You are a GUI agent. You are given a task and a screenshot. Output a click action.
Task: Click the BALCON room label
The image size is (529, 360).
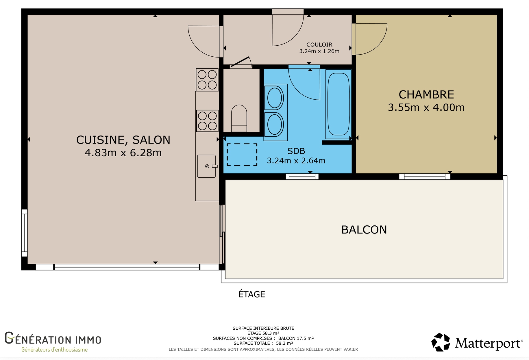tap(364, 230)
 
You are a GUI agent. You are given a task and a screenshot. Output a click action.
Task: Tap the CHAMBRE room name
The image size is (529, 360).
tap(426, 94)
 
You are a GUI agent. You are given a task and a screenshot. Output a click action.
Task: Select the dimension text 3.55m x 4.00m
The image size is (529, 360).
tap(426, 107)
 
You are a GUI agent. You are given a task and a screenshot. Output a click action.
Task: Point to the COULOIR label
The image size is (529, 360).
tap(319, 44)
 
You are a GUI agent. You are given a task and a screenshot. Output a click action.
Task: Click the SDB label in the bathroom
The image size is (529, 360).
tap(296, 151)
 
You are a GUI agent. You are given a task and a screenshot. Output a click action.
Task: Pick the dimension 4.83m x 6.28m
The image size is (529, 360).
tap(123, 153)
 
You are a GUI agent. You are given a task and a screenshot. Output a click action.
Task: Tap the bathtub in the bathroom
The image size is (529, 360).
tap(339, 104)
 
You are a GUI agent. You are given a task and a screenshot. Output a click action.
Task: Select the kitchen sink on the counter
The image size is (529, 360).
tap(206, 166)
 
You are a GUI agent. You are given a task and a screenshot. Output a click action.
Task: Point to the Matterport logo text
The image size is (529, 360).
tap(489, 343)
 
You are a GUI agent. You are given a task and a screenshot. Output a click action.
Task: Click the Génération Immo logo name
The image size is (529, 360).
tap(53, 338)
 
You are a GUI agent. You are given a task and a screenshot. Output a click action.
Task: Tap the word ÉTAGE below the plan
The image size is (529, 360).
tap(251, 294)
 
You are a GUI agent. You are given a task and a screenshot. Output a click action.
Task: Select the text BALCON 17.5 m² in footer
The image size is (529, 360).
tap(296, 338)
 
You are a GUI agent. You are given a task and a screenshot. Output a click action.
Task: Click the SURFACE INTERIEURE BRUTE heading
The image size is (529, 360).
tap(263, 328)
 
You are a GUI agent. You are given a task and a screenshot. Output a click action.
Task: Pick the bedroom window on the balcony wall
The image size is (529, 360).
tap(425, 177)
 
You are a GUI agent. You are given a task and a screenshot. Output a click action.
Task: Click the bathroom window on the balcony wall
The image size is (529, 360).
tap(302, 177)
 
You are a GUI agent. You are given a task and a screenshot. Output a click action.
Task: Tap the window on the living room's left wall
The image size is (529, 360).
tap(24, 233)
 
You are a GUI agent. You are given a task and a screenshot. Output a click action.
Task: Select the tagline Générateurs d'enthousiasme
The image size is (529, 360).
tap(54, 350)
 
